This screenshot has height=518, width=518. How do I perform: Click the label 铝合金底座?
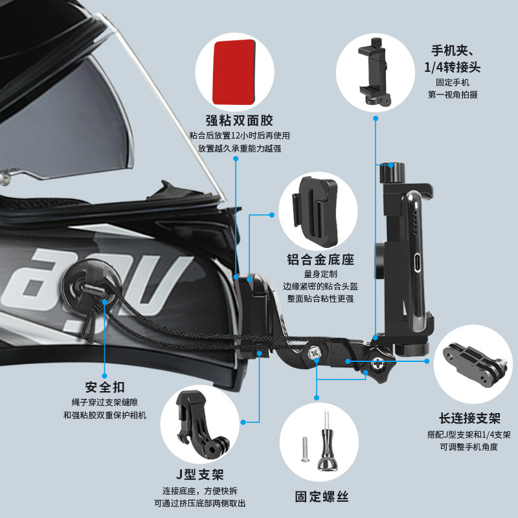321,260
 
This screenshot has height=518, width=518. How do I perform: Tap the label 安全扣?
100,387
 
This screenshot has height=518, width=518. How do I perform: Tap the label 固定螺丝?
321,497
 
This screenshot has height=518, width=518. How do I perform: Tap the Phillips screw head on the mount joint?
313,352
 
